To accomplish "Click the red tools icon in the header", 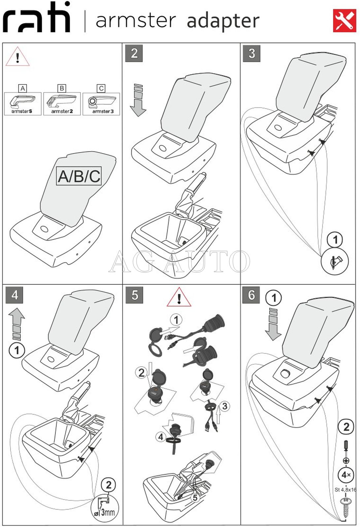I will [344, 20].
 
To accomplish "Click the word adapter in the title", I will [223, 20].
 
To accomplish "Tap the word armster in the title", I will [136, 20].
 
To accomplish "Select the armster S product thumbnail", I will [22, 104].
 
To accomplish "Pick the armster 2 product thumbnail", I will [62, 104].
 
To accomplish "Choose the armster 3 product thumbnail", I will [101, 104].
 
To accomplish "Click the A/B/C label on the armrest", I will [79, 176].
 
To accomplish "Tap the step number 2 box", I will [134, 53].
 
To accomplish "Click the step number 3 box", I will [251, 53].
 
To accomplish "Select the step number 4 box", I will [15, 295].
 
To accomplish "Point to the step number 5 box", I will [134, 295].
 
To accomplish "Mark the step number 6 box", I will [251, 295].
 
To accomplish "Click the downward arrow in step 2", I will [138, 101].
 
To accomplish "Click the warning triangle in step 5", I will [179, 297].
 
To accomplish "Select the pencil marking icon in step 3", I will [335, 262].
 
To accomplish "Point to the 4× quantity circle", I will [346, 475].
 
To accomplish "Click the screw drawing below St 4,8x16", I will [346, 508].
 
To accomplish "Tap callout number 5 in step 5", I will [195, 497].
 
